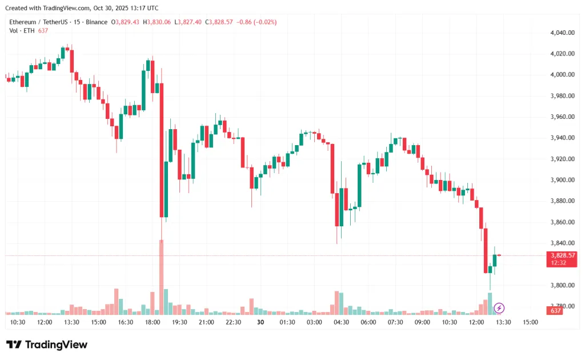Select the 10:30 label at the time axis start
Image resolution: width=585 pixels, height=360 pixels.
18,322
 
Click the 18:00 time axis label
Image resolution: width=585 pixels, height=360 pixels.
153,322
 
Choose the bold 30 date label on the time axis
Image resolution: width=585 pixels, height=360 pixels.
261,322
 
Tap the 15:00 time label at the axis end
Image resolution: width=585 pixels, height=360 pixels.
531,322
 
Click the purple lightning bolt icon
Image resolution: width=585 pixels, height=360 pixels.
499,309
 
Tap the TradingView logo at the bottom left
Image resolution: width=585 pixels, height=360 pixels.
47,345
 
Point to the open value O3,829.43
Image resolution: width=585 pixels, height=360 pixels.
126,22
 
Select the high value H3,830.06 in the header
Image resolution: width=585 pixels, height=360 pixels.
157,22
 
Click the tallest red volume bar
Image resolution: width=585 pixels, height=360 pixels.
162,277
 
